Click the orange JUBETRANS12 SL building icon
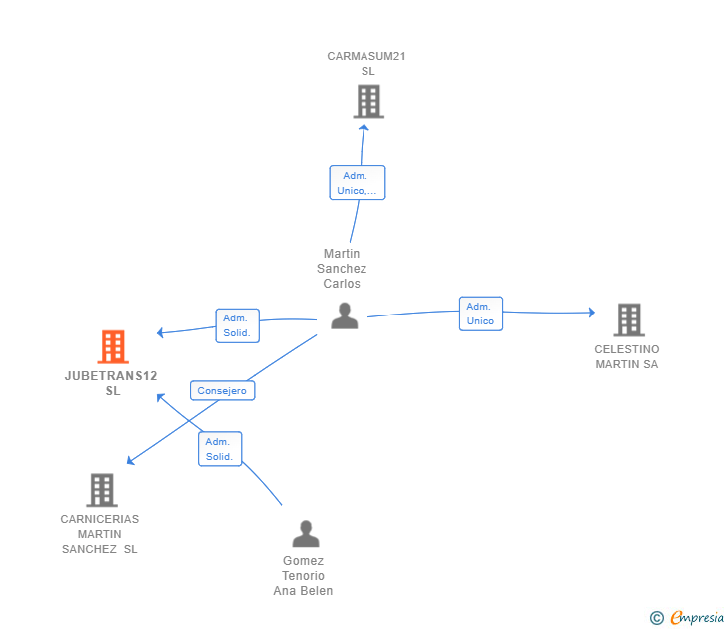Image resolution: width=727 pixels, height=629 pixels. pos(113,346)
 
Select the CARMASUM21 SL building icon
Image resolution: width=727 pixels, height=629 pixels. pos(368,101)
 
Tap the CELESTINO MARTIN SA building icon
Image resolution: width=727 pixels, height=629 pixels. pos(629,319)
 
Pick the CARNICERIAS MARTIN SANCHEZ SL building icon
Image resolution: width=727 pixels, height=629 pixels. pos(102,490)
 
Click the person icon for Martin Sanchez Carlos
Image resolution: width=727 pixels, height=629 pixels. pos(344,315)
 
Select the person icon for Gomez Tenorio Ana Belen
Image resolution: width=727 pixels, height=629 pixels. pos(306,533)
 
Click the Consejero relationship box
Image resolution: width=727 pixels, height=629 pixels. pos(222,390)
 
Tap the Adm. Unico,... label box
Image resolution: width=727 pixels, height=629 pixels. pos(358,183)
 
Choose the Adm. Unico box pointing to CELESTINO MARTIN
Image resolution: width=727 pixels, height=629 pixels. pos(481,314)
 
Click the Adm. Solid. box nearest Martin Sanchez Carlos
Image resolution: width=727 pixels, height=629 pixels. pos(237,325)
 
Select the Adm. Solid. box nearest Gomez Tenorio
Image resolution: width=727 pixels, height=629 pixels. pos(220,449)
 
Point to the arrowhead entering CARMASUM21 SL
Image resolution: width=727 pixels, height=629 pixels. pos(363,128)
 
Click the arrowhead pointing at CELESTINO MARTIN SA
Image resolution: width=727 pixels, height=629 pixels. pos(592,312)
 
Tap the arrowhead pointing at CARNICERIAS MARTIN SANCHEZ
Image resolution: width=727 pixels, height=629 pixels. pos(130,460)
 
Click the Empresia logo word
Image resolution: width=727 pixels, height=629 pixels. pos(697,617)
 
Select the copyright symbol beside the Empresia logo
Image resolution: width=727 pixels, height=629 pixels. pos(657,618)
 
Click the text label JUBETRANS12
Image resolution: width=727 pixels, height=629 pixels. pos(111,376)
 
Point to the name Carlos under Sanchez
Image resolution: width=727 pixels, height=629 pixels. pos(342,284)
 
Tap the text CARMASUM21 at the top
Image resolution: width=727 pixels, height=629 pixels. pos(366,56)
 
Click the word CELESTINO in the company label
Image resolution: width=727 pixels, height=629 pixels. pos(627,349)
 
